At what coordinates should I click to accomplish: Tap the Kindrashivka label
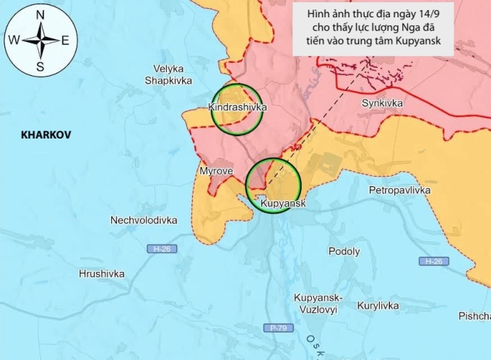tap(237, 107)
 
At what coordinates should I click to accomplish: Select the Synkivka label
tap(382, 103)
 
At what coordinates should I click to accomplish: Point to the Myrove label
tap(215, 171)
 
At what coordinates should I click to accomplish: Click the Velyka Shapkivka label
tap(168, 75)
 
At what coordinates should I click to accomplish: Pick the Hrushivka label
tap(102, 274)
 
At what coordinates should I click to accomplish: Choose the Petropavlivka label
tap(399, 190)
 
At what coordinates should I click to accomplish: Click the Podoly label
tap(344, 252)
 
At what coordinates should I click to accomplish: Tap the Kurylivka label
tap(378, 306)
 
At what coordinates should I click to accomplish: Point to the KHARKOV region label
tap(44, 135)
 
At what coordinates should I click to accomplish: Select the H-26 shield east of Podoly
tap(433, 261)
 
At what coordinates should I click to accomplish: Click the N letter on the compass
tap(40, 15)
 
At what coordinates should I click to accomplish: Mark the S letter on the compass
tap(40, 67)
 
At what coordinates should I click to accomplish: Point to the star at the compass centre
tap(40, 40)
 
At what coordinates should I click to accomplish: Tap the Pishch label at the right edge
tap(474, 317)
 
